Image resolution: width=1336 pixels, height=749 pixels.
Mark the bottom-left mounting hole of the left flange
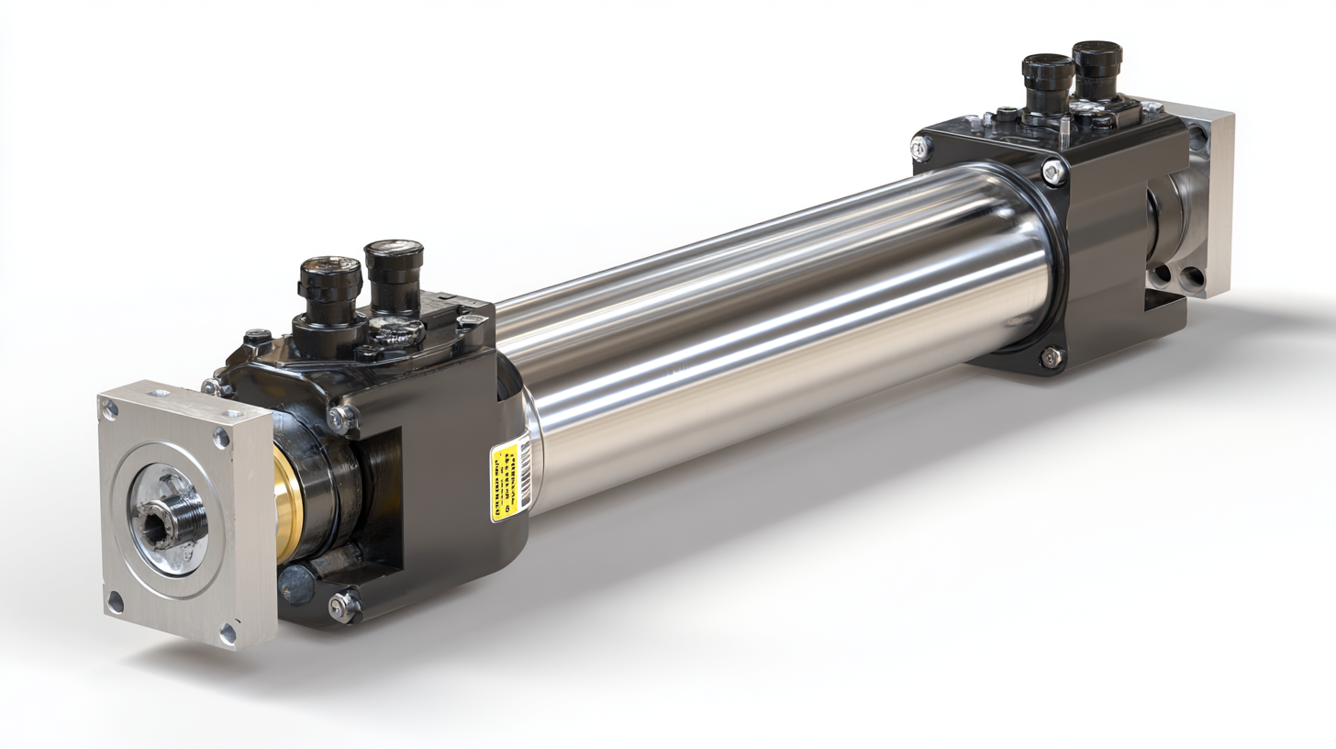pyautogui.click(x=115, y=603)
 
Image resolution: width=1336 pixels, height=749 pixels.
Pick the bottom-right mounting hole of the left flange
pyautogui.click(x=227, y=632)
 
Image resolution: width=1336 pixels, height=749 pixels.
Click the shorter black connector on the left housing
pyautogui.click(x=329, y=289)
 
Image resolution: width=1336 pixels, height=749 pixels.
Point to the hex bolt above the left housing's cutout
pyautogui.click(x=341, y=418)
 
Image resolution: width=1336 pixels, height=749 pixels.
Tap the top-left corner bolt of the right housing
pyautogui.click(x=920, y=147)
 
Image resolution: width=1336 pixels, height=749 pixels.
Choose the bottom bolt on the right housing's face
pyautogui.click(x=1052, y=356)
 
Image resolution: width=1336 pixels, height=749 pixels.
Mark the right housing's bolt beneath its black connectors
pyautogui.click(x=1053, y=171)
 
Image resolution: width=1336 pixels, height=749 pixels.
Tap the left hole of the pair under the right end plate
pyautogui.click(x=1163, y=273)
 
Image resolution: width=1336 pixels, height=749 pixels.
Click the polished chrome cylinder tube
pyautogui.click(x=771, y=330)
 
